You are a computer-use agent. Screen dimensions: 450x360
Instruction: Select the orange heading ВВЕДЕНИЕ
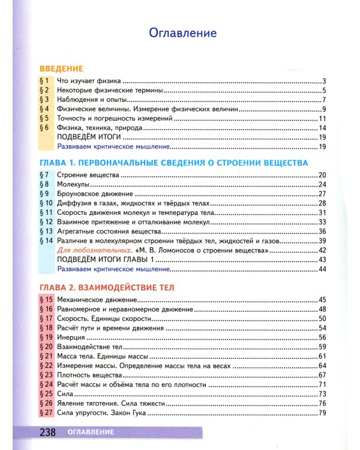[x=61, y=68]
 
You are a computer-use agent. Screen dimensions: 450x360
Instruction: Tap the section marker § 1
[x=43, y=81]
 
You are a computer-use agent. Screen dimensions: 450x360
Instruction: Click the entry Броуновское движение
[x=94, y=194]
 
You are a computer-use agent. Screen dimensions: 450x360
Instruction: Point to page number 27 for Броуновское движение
[x=321, y=194]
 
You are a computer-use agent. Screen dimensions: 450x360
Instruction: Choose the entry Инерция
[x=71, y=337]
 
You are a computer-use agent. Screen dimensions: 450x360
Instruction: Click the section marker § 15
[x=46, y=299]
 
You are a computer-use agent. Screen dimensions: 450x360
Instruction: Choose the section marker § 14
[x=46, y=240]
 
